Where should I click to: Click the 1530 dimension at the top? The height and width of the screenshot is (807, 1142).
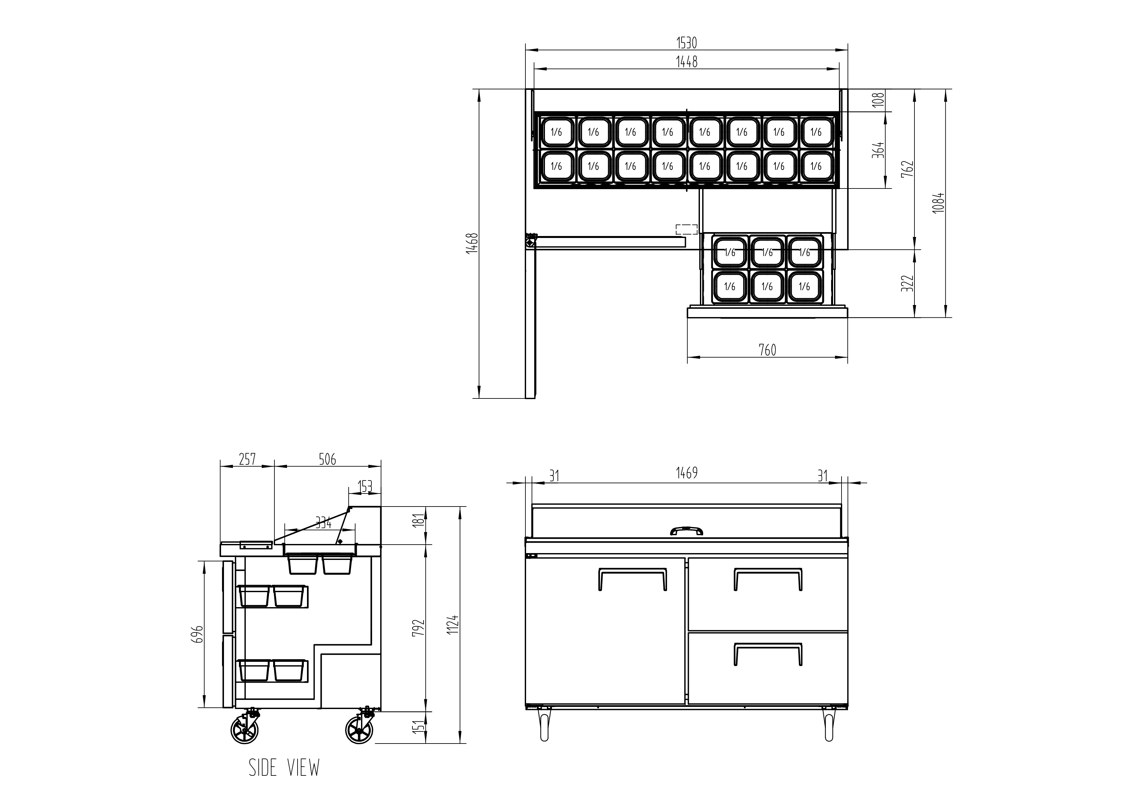tap(686, 43)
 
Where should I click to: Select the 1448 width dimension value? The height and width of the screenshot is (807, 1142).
tap(686, 62)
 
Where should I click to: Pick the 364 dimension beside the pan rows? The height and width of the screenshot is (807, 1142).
tap(879, 150)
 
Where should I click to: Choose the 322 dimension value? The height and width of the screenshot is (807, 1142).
tap(907, 283)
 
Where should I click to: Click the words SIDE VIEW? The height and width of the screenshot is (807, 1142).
tap(284, 768)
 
